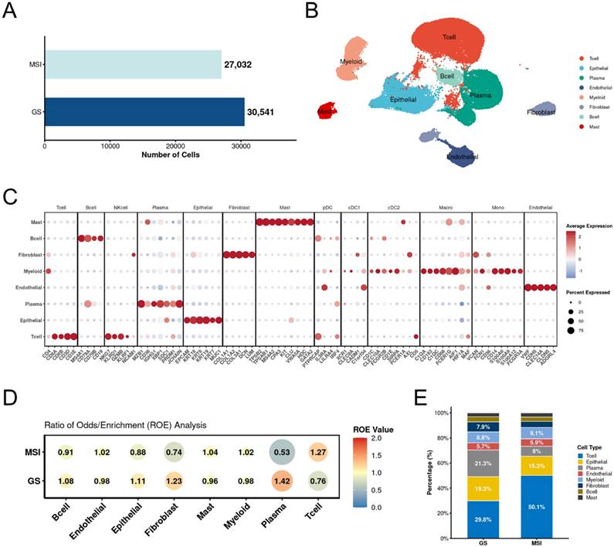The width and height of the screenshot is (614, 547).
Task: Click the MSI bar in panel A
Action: click(x=133, y=64)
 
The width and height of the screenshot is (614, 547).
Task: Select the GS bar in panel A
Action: click(x=144, y=111)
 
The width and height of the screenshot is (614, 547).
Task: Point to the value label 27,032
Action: click(x=239, y=65)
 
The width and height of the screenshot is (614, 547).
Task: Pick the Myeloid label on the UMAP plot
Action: click(x=352, y=60)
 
